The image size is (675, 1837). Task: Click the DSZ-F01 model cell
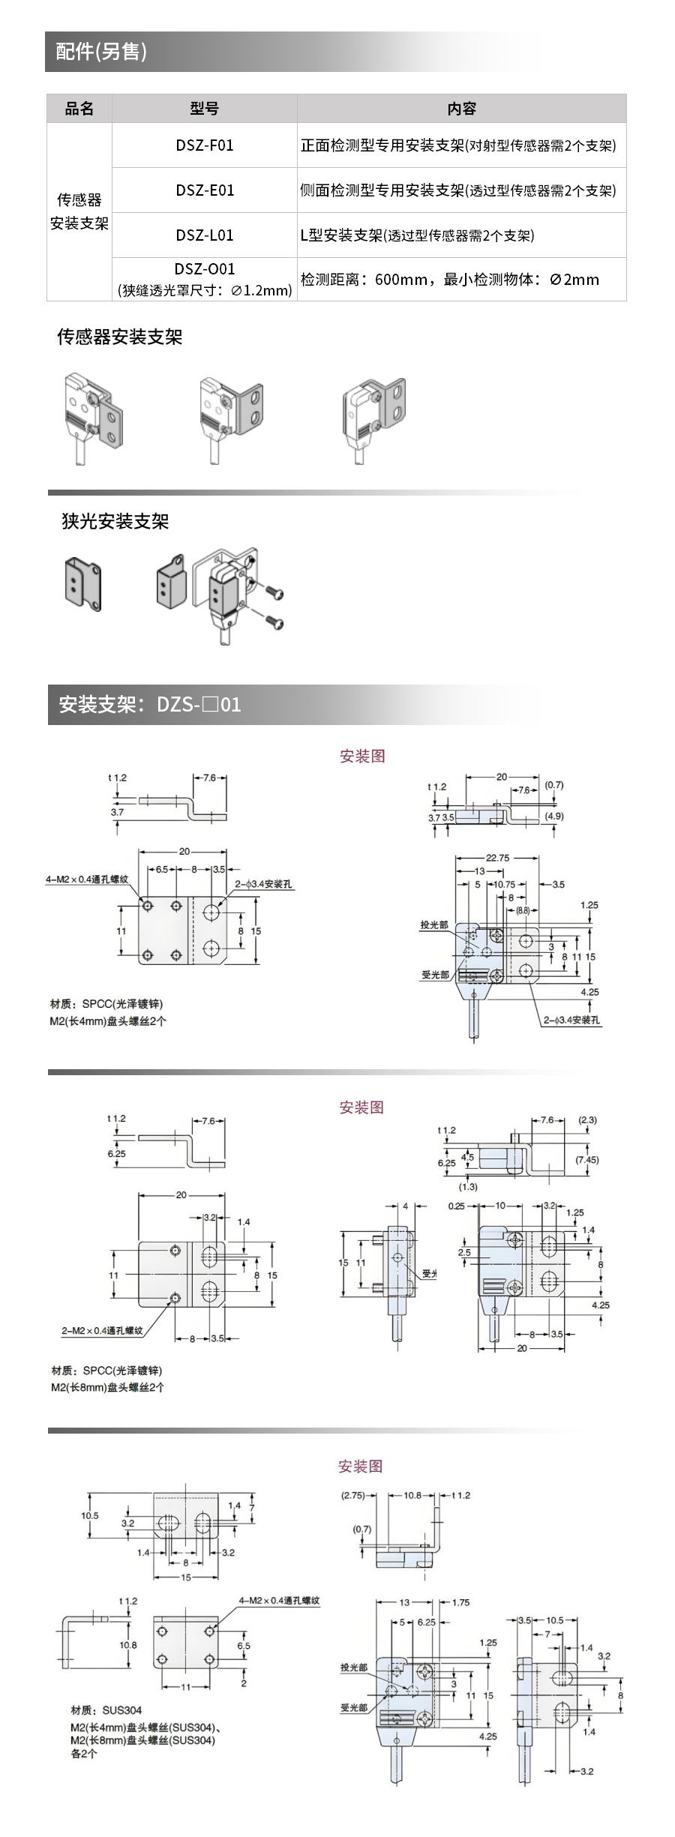pos(205,145)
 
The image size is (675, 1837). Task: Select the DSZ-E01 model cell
pos(205,190)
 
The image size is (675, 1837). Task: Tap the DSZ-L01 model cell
pos(205,235)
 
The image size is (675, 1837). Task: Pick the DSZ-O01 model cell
pos(205,279)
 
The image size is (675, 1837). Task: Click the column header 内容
pos(461,109)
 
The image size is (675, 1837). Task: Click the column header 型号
pos(205,109)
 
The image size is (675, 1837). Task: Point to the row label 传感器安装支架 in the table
pos(79,211)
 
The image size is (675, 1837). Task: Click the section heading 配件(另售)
pos(101,52)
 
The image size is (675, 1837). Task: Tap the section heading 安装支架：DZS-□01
pos(150,705)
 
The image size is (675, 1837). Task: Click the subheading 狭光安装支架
pos(115,522)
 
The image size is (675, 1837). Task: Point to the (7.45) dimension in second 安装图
pos(587,1160)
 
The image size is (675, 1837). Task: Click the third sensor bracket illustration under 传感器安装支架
pos(376,412)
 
